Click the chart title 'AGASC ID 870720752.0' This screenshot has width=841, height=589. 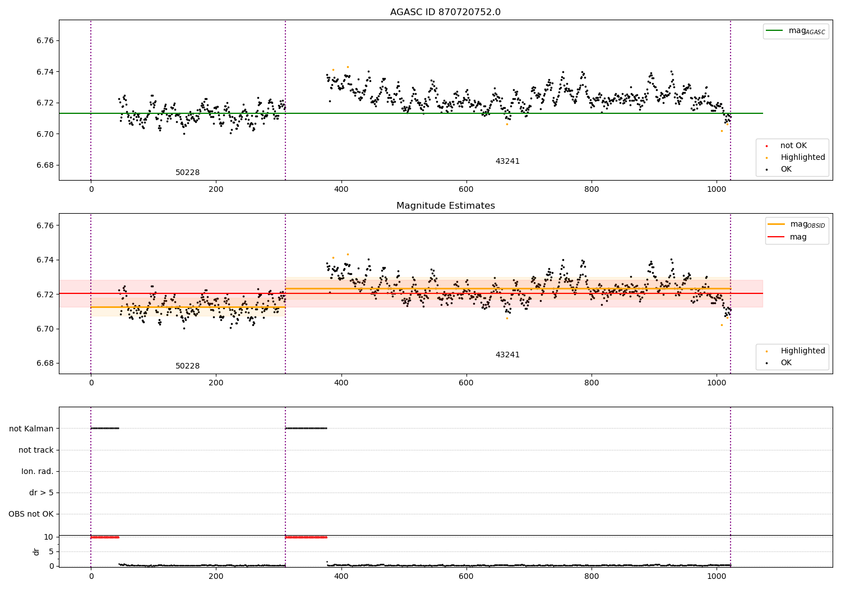445,12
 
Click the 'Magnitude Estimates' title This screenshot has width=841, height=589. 445,206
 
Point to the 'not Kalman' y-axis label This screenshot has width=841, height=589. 31,429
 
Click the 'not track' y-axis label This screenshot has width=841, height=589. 36,450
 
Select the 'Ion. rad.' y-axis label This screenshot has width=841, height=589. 38,471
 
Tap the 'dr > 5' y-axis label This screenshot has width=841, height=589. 41,493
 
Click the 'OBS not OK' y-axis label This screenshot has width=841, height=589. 31,514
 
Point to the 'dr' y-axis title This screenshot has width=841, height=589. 36,551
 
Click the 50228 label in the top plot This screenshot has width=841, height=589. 187,173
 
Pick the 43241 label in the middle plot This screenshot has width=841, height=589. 507,355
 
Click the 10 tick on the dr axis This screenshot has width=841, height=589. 48,537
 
